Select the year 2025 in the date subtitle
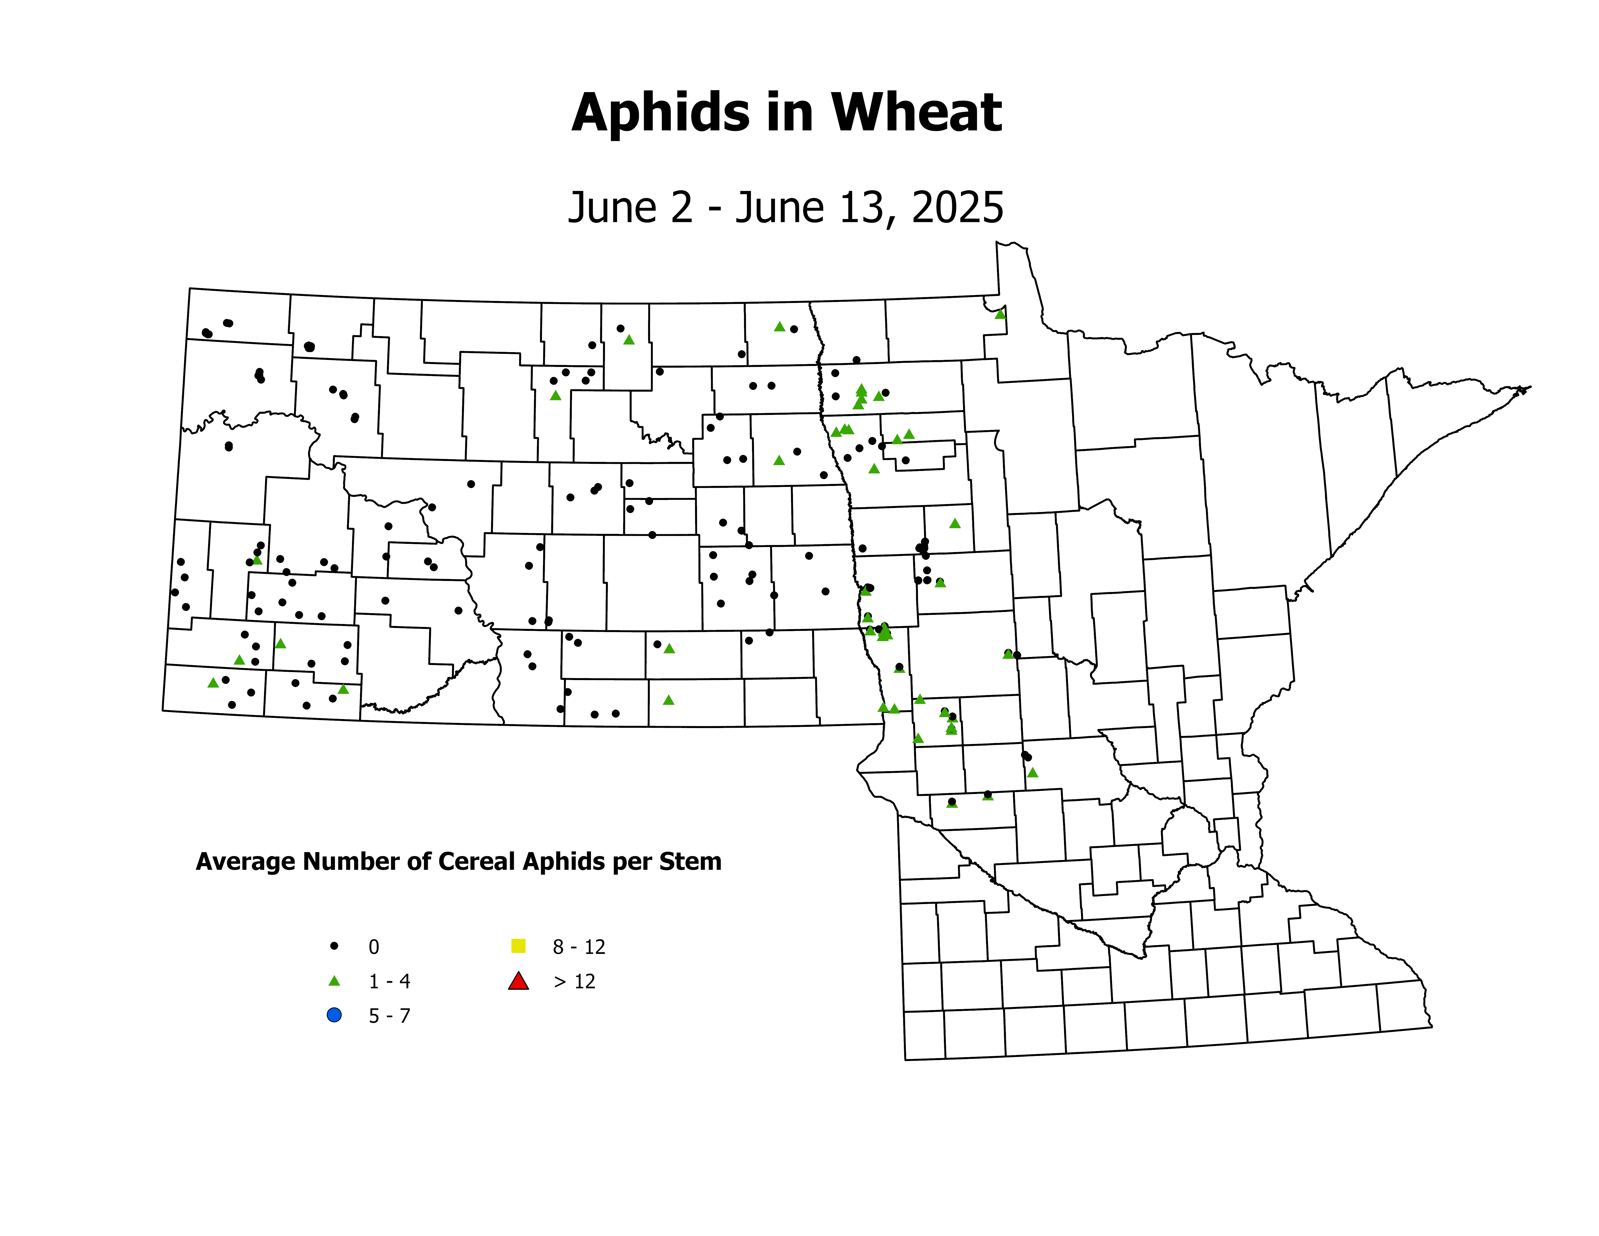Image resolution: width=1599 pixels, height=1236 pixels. [x=958, y=208]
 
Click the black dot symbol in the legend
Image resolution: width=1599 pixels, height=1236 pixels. [x=335, y=946]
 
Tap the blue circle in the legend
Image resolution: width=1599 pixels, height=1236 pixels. [x=335, y=1016]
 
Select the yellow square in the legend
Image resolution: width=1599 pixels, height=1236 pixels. [x=518, y=946]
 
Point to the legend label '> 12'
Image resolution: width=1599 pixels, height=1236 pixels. [x=575, y=982]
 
